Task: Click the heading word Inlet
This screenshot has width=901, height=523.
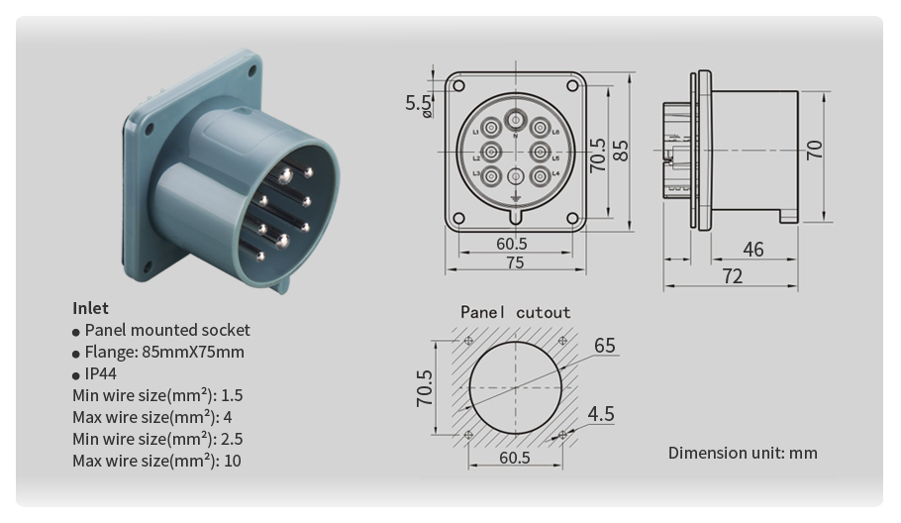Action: (x=90, y=308)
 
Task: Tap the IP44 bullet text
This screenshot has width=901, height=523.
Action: (x=100, y=374)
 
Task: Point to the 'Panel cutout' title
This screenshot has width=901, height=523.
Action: (x=515, y=313)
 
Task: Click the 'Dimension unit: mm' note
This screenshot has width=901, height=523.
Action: (x=743, y=453)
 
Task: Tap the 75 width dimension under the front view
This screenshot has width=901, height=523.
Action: (x=515, y=262)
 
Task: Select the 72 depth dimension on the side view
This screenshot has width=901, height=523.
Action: (x=732, y=276)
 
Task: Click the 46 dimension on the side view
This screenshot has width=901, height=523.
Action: (x=752, y=250)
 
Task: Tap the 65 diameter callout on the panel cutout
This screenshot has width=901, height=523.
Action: (x=604, y=346)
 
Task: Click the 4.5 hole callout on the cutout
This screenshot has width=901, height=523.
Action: (x=601, y=414)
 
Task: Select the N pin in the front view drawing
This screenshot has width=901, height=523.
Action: (x=515, y=122)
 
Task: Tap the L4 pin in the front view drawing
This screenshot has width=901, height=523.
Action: (x=541, y=176)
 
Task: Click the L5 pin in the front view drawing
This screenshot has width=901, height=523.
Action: (x=541, y=153)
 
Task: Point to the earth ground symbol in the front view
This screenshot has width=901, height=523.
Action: (x=515, y=203)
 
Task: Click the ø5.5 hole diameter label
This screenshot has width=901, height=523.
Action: (x=419, y=103)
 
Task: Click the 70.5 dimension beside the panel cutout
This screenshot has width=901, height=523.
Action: (x=425, y=388)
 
